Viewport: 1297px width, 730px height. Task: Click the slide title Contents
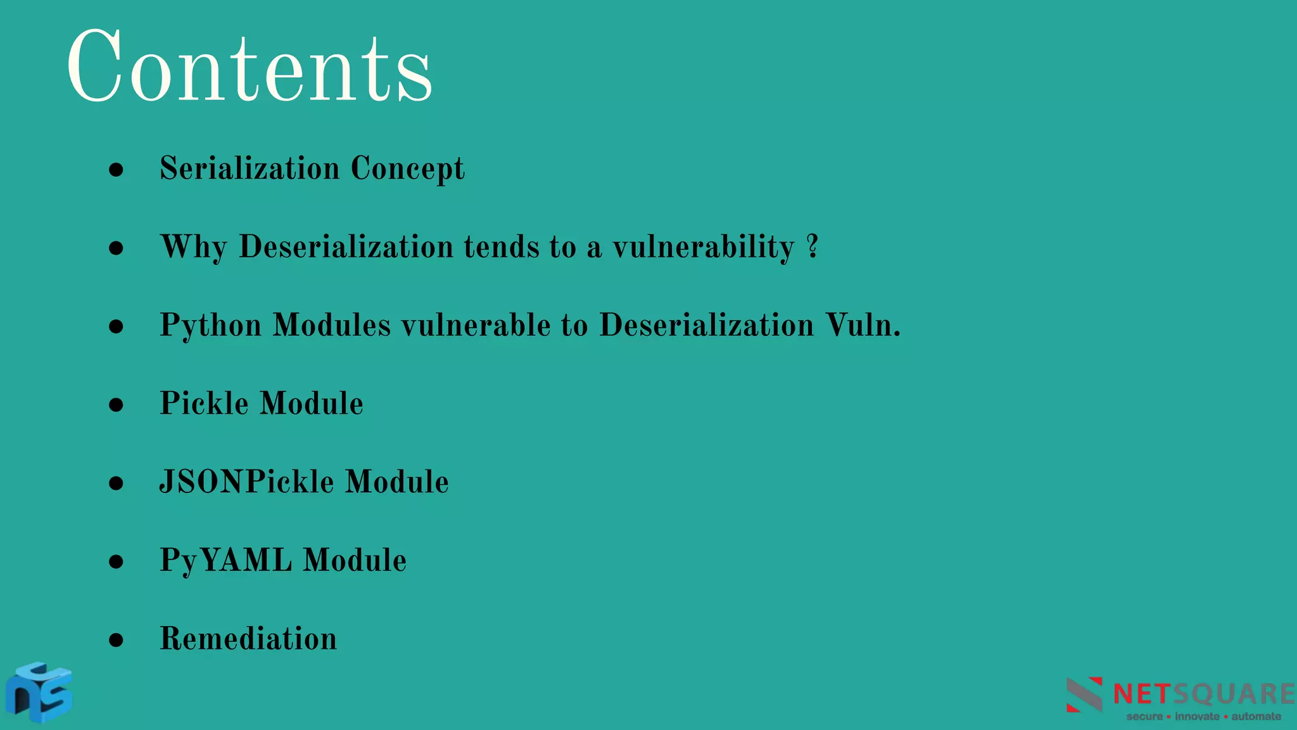pyautogui.click(x=250, y=67)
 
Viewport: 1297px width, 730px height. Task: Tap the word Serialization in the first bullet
pyautogui.click(x=250, y=169)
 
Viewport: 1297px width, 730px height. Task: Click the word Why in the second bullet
pyautogui.click(x=193, y=247)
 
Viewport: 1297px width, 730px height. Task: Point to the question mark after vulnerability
pyautogui.click(x=813, y=246)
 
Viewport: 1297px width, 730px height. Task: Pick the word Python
pyautogui.click(x=210, y=326)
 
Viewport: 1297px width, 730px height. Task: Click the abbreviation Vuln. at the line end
pyautogui.click(x=863, y=325)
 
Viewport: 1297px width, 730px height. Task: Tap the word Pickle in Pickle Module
pyautogui.click(x=204, y=404)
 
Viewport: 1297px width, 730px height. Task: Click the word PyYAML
pyautogui.click(x=226, y=561)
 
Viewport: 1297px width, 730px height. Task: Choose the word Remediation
pyautogui.click(x=248, y=639)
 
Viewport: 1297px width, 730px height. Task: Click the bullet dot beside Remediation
pyautogui.click(x=116, y=640)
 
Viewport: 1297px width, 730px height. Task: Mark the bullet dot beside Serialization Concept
pyautogui.click(x=116, y=170)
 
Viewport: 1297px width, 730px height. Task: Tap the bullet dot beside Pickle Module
pyautogui.click(x=116, y=405)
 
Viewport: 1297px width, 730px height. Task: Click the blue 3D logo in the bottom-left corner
pyautogui.click(x=39, y=692)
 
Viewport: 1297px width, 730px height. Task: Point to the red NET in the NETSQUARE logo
pyautogui.click(x=1142, y=695)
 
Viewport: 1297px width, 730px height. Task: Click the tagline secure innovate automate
pyautogui.click(x=1203, y=717)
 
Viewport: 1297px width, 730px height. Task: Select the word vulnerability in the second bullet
pyautogui.click(x=703, y=247)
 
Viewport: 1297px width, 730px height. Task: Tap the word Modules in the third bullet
pyautogui.click(x=332, y=326)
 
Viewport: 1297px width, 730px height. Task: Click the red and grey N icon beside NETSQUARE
pyautogui.click(x=1084, y=695)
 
